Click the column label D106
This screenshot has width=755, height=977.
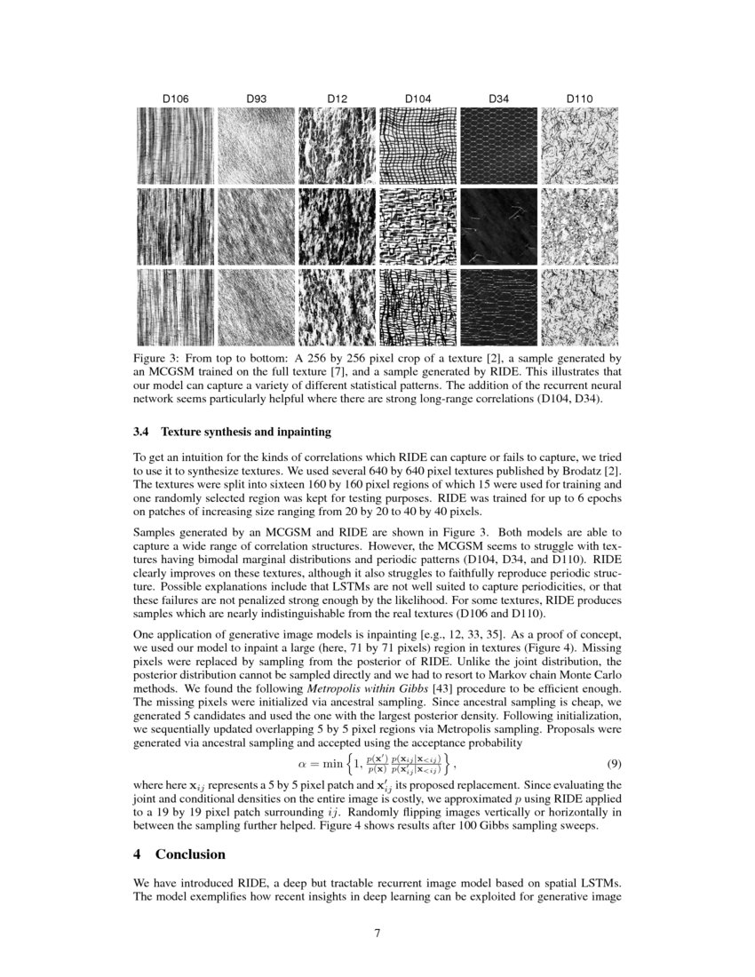pos(174,99)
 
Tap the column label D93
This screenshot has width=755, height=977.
pos(256,99)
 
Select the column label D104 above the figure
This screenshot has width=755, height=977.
pos(417,99)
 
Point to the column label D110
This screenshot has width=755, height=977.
pos(579,99)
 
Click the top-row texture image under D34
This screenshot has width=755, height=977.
pos(498,146)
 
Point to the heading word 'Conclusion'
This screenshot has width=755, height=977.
pos(190,854)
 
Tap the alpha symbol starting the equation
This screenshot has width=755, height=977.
pos(302,764)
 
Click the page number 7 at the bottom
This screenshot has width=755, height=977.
pos(377,933)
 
